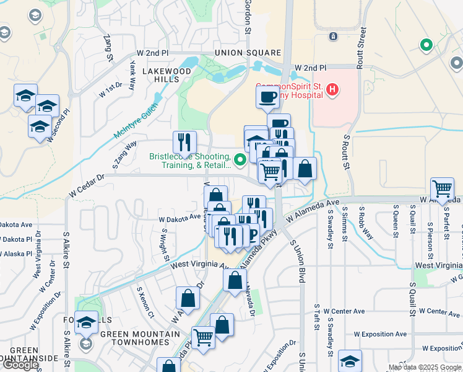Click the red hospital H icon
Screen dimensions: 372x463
pos(332,91)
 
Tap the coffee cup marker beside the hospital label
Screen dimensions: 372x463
pos(268,97)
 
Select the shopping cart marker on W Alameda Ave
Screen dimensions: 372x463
pos(442,188)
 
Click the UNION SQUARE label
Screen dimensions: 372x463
pos(248,53)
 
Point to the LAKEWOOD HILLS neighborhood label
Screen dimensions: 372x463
pos(167,76)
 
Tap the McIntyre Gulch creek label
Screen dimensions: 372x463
pos(136,121)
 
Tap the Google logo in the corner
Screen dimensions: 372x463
pos(20,365)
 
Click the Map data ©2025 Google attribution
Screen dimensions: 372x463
pos(425,367)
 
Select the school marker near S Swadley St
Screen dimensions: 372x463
pos(350,361)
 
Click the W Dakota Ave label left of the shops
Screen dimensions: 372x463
pos(180,218)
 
